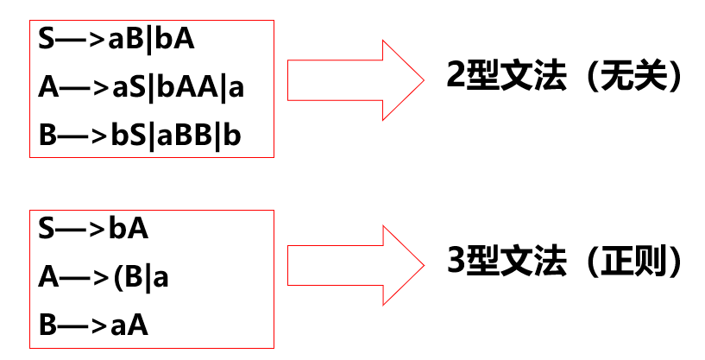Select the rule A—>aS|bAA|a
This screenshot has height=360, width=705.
(147, 87)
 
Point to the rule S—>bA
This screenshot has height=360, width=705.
(94, 229)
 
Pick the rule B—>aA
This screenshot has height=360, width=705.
(94, 325)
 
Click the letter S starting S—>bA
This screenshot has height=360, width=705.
(47, 229)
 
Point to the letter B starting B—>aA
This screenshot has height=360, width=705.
(47, 325)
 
